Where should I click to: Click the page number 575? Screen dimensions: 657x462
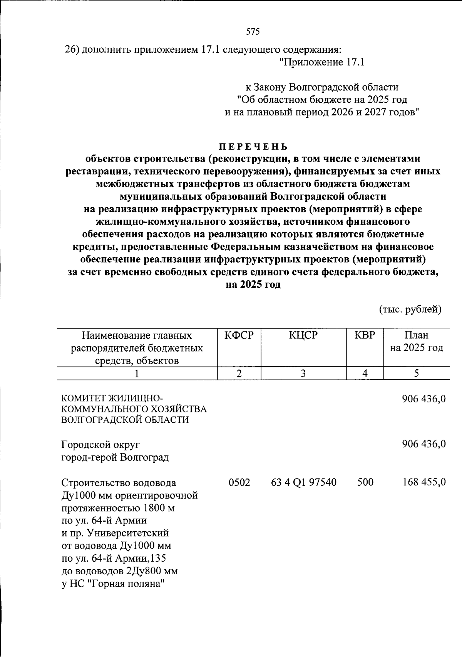[x=253, y=32]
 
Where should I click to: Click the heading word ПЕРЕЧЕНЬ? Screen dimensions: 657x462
[x=253, y=147]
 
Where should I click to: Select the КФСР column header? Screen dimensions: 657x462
[x=239, y=335]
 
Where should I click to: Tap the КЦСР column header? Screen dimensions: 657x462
[x=303, y=335]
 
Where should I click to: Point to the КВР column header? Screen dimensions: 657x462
[x=364, y=335]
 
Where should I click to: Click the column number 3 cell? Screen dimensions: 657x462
[x=303, y=373]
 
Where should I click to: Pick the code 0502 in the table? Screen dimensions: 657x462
[x=239, y=482]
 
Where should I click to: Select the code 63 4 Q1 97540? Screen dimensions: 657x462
[x=304, y=482]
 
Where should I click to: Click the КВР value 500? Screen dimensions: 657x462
[x=365, y=482]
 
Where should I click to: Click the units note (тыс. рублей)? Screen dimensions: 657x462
[x=410, y=309]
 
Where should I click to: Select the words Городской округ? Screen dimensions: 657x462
[x=100, y=445]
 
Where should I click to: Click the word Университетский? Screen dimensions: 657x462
[x=128, y=534]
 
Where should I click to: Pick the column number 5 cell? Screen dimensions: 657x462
[x=416, y=373]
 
